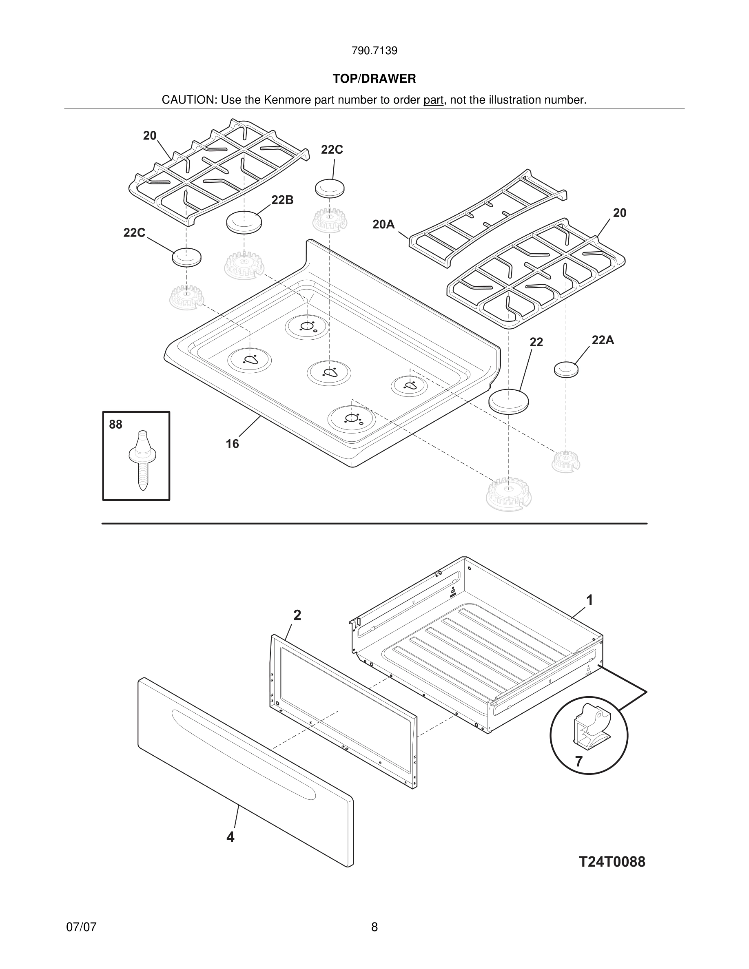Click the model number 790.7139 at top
[x=374, y=51]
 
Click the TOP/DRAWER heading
[x=374, y=79]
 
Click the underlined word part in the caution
[x=433, y=100]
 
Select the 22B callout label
[x=282, y=200]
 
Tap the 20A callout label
[x=383, y=224]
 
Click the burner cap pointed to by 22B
[x=244, y=221]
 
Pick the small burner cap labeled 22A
[x=566, y=369]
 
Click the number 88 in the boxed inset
[x=115, y=425]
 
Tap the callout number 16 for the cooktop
[x=232, y=444]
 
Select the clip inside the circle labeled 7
[x=590, y=727]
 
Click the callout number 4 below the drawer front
[x=230, y=837]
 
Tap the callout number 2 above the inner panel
[x=297, y=615]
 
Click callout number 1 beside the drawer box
[x=589, y=600]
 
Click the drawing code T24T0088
[x=612, y=862]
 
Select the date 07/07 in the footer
[x=81, y=927]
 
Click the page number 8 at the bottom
[x=374, y=927]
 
